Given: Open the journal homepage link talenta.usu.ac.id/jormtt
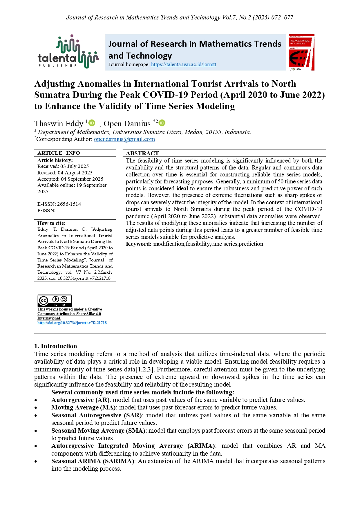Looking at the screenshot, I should click(183, 65).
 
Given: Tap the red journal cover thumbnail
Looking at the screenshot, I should click(301, 53).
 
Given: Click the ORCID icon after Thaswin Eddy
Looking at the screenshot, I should click(92, 123).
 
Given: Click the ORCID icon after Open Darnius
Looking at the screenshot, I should click(162, 123).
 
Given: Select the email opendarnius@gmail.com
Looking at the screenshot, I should click(124, 139).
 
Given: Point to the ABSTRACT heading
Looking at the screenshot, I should click(142, 153).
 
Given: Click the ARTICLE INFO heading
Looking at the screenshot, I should click(59, 153).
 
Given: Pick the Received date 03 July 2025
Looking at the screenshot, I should click(74, 166).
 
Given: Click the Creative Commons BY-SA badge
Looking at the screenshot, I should click(55, 301).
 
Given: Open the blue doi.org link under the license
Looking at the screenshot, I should click(72, 323).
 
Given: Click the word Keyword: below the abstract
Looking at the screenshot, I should click(138, 244).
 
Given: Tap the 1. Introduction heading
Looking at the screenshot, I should click(55, 346).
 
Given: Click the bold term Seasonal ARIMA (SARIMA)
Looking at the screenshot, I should click(93, 461).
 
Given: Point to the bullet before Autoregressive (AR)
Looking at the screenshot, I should click(36, 400).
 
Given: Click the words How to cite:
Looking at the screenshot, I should click(51, 223).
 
